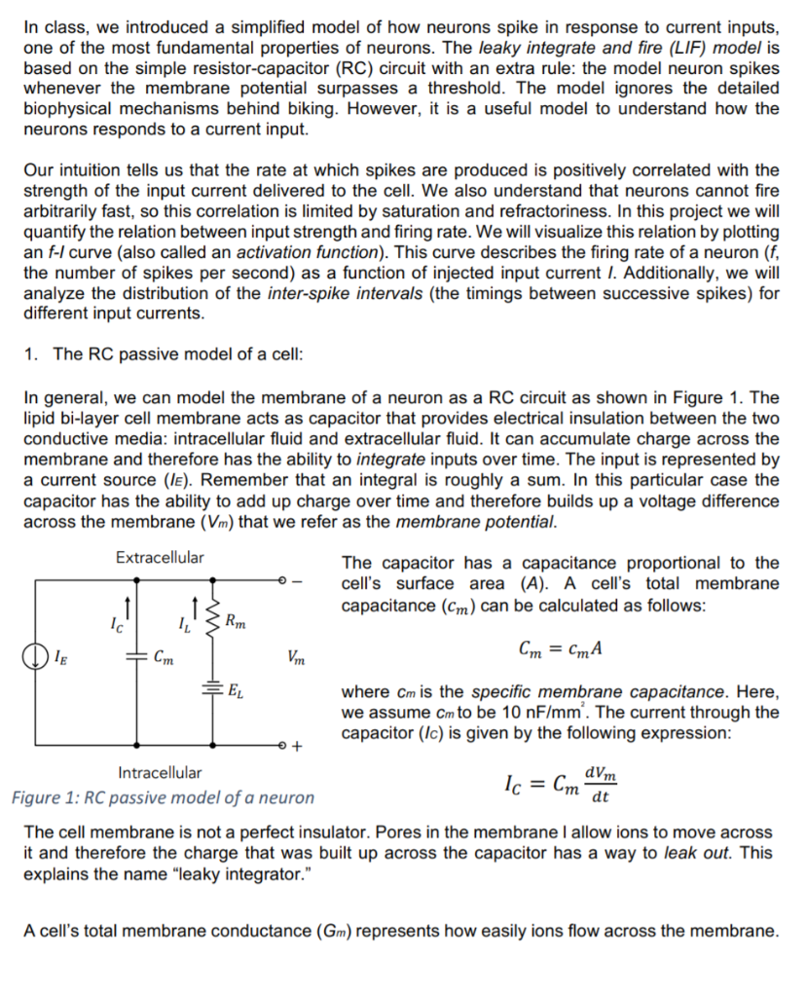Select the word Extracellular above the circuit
click(x=160, y=558)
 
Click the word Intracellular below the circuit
click(x=160, y=773)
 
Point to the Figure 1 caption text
click(x=163, y=798)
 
